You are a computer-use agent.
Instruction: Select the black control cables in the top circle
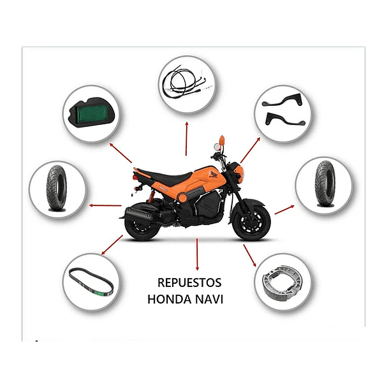tap(186, 84)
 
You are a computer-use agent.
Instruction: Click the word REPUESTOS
tap(189, 283)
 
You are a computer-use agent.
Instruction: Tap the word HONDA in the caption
tap(168, 298)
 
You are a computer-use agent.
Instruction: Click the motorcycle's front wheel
tap(251, 221)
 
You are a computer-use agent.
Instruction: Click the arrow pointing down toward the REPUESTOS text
tap(197, 255)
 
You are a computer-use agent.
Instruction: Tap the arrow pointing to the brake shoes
tap(249, 254)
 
